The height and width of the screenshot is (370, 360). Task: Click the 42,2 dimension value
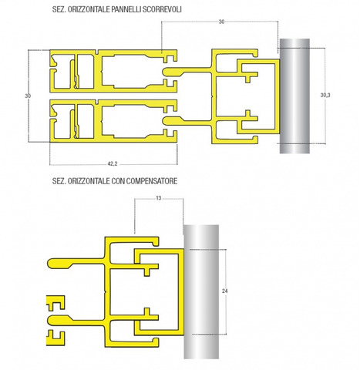113,163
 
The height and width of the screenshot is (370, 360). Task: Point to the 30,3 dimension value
325,96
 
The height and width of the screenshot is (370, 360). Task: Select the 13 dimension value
159,198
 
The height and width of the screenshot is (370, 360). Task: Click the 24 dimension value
224,291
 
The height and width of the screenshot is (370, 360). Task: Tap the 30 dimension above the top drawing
221,22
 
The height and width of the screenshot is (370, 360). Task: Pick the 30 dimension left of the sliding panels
28,96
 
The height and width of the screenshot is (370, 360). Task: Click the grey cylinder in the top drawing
294,96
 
